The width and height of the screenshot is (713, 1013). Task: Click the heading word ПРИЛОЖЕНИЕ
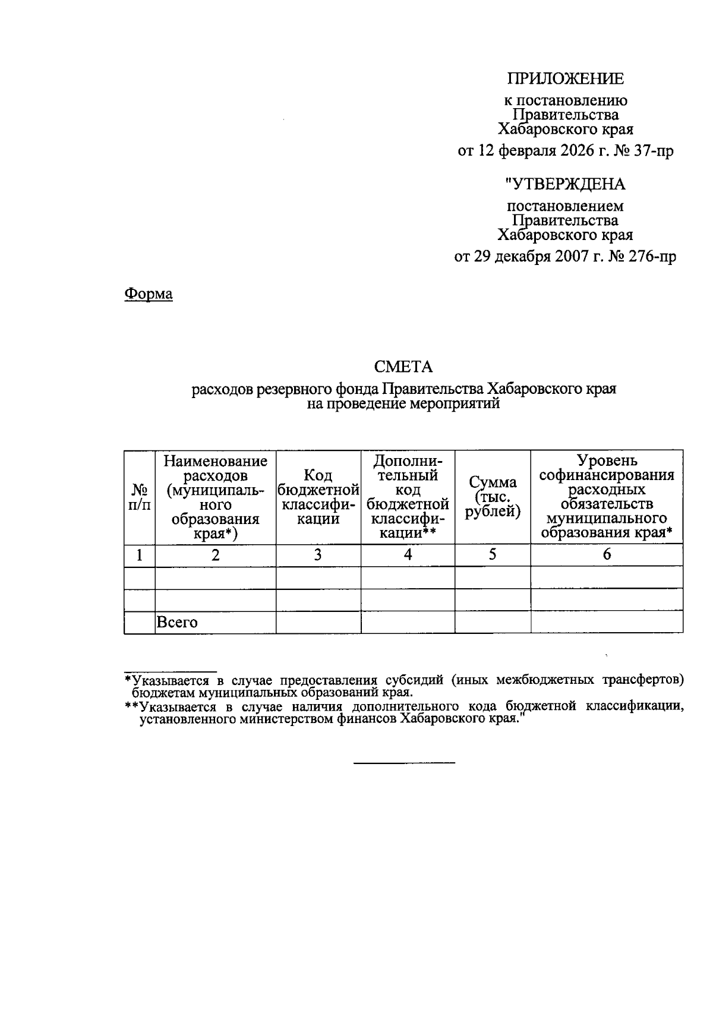point(565,78)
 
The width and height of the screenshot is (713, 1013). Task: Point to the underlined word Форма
point(149,294)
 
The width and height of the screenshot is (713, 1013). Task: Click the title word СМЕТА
point(403,367)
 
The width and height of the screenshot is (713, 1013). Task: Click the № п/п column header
point(140,497)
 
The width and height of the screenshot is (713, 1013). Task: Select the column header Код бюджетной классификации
point(318,497)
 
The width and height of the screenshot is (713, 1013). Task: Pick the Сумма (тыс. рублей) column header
point(493,497)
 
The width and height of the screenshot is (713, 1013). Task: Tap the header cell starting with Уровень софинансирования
point(607,497)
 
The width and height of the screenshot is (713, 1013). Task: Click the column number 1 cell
point(140,555)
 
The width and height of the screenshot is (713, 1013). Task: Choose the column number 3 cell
point(318,555)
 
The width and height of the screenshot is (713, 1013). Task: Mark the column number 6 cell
point(607,555)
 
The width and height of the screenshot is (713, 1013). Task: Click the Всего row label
point(176,623)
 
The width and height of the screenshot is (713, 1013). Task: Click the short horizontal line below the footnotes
point(404,762)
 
